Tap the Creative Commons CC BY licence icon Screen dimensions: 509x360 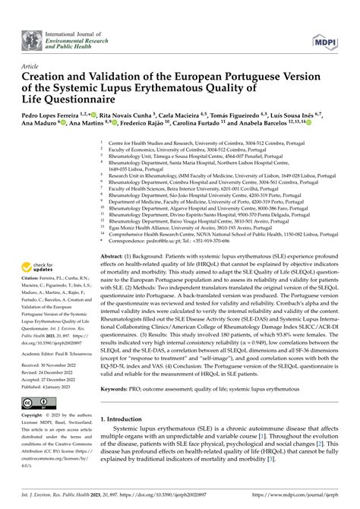click(x=36, y=403)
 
